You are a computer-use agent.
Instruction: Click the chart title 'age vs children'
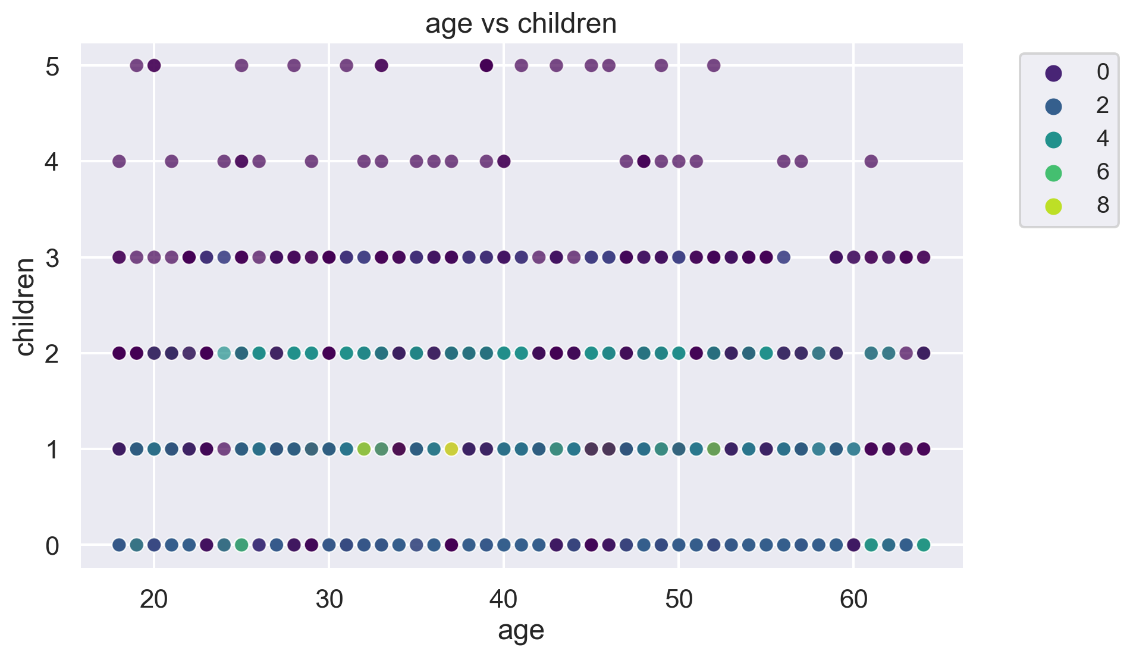tap(521, 24)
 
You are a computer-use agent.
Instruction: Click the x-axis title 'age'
tap(521, 631)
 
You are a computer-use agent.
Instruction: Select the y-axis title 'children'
tap(25, 306)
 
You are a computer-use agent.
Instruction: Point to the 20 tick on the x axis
tap(154, 600)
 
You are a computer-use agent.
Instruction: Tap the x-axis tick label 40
tap(504, 600)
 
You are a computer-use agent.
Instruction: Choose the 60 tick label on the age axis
tap(853, 600)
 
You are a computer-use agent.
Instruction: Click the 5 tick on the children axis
tap(52, 66)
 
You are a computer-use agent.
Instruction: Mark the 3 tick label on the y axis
tap(52, 258)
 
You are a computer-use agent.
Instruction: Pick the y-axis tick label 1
tap(52, 449)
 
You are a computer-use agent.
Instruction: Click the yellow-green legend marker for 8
tap(1053, 206)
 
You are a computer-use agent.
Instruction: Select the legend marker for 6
tap(1053, 173)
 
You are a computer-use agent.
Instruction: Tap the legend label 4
tap(1103, 139)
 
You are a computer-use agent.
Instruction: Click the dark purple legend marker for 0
tap(1053, 73)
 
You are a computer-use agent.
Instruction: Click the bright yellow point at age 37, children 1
tap(451, 449)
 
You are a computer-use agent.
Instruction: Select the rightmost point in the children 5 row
tap(714, 65)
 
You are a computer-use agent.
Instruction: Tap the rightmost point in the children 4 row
tap(871, 161)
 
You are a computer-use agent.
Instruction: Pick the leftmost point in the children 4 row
tap(119, 161)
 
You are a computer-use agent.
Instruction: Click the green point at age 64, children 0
tap(924, 545)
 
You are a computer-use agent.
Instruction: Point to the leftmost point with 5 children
tap(136, 65)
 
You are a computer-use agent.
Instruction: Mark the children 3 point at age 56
tap(784, 257)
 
